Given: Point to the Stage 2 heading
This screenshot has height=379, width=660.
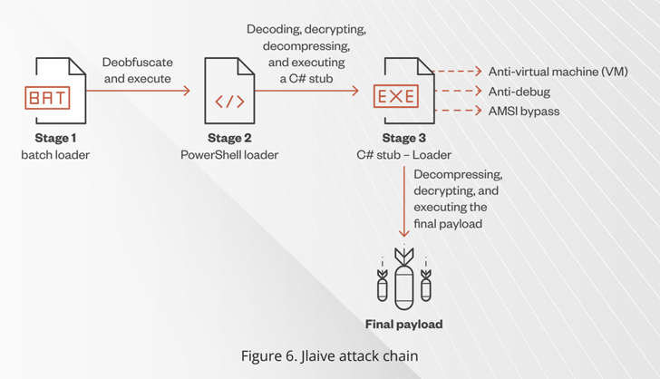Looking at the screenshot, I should click(x=229, y=139).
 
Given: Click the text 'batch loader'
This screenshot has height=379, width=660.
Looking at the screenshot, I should click(x=55, y=155).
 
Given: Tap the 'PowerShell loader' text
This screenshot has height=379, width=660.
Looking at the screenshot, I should click(x=229, y=155).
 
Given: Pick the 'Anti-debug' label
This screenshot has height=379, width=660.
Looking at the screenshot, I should click(x=519, y=92).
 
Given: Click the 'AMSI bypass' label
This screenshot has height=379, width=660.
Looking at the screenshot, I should click(x=524, y=111).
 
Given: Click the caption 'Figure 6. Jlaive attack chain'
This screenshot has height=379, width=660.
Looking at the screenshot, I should click(x=329, y=355).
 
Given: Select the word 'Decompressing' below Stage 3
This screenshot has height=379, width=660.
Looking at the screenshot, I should click(x=458, y=174).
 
